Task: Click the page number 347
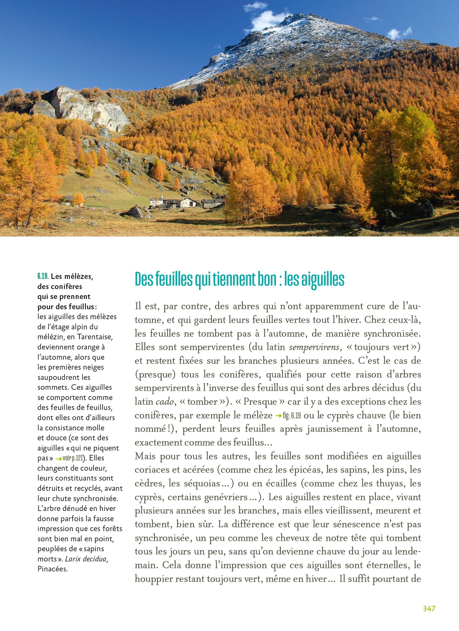point(429,608)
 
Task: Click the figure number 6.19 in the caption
point(43,276)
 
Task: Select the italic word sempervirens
point(314,347)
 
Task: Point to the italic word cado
point(165,401)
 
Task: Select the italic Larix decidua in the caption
point(86,559)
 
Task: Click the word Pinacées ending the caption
point(52,569)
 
